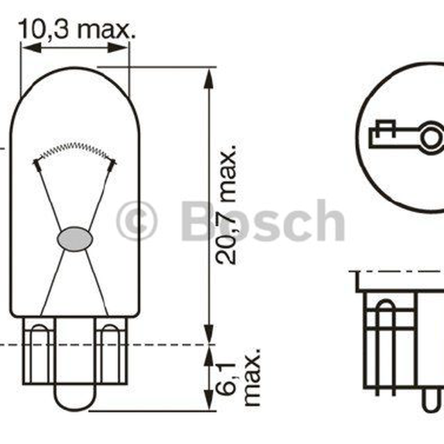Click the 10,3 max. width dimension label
pos(77,29)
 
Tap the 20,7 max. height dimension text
pos(225,205)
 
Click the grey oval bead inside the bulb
pos(75,239)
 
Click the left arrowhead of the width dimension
pos(31,48)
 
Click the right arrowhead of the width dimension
pos(119,48)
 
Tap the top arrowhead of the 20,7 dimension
pos(209,78)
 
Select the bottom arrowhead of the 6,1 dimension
pos(209,400)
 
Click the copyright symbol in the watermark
pos(137,221)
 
